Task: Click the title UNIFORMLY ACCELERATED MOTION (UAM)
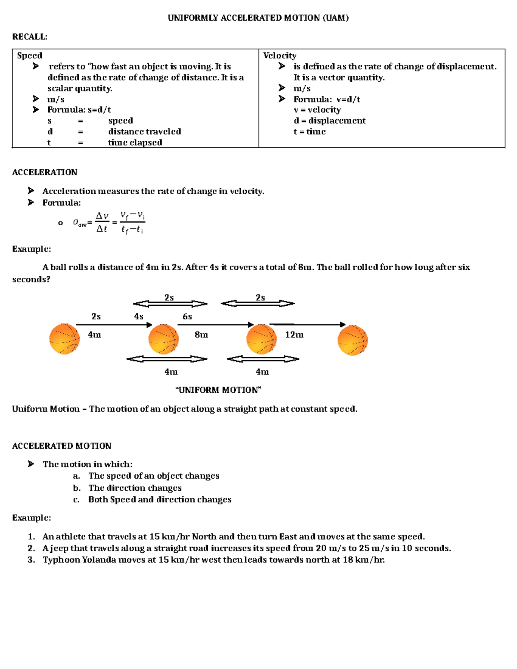258,18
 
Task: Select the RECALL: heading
29,37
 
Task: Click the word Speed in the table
29,56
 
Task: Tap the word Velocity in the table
280,56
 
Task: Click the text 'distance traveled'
144,131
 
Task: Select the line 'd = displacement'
329,121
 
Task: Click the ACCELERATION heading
44,172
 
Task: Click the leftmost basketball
65,339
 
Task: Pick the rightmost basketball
352,340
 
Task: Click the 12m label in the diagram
294,335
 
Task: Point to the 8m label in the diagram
201,335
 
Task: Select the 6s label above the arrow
187,317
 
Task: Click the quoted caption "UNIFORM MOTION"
218,390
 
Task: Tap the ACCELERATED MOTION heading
62,446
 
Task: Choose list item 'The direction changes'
135,488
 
